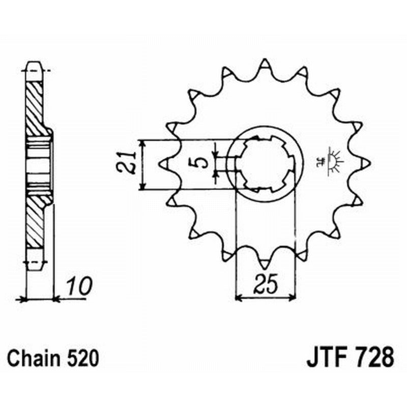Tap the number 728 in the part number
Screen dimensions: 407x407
[374, 357]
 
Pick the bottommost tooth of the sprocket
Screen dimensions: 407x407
[265, 264]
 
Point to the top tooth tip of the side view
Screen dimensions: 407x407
[34, 66]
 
